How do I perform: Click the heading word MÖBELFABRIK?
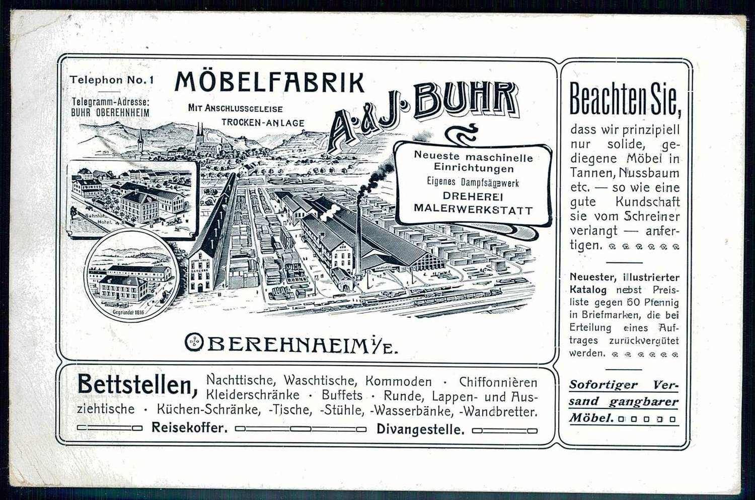269,83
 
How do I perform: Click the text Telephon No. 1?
112,80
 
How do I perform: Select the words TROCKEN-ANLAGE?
263,122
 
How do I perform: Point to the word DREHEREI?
473,196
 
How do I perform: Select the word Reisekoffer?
190,428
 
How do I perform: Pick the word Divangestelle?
420,430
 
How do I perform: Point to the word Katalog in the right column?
588,290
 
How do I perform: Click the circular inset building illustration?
132,276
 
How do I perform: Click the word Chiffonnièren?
498,382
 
